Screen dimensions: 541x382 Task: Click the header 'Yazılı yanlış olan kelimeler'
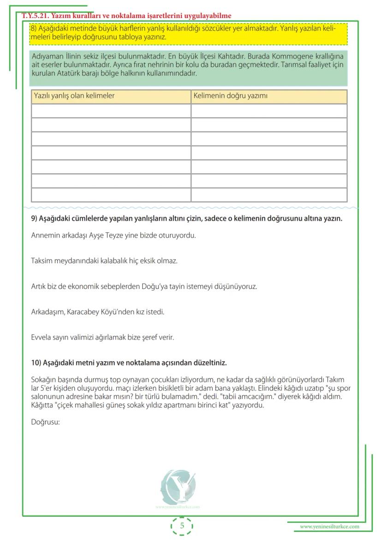pos(74,96)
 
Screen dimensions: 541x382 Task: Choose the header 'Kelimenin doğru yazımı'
pos(230,96)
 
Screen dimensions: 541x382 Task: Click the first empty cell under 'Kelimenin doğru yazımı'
pos(269,111)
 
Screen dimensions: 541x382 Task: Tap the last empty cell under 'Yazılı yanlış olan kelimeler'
pos(111,195)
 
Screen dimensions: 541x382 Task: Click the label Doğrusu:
pos(46,422)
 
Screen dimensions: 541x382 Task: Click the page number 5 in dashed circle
pos(182,526)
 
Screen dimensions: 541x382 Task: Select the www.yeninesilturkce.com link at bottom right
pos(329,527)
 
